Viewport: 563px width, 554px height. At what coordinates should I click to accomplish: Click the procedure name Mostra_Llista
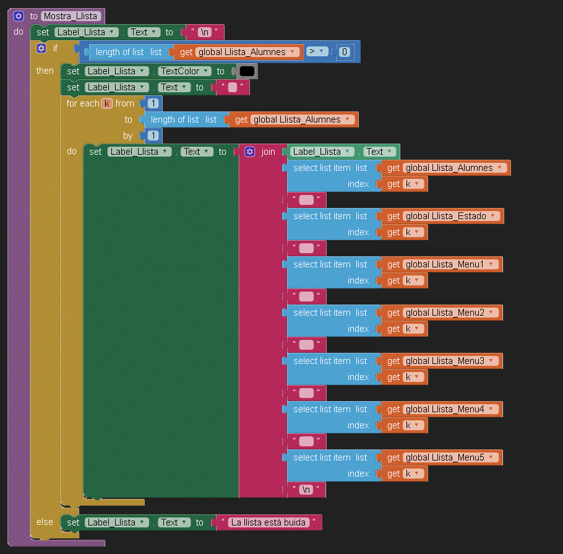[x=70, y=16]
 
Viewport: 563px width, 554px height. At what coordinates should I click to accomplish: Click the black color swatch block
[x=247, y=71]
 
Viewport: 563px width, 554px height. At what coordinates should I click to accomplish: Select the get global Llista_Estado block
[x=393, y=216]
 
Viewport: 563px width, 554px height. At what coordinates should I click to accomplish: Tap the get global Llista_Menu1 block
[x=393, y=264]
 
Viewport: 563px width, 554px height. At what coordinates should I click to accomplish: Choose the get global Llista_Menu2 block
[x=393, y=313]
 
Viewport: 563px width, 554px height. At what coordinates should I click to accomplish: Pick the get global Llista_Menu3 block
[x=393, y=361]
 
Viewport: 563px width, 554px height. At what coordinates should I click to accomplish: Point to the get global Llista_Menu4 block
[x=393, y=409]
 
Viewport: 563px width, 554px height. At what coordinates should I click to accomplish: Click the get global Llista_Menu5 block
[x=393, y=457]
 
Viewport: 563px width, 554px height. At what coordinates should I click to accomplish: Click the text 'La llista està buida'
[x=269, y=522]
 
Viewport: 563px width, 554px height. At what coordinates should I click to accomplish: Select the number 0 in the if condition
[x=345, y=52]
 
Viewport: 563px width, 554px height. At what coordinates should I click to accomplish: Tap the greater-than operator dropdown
[x=317, y=52]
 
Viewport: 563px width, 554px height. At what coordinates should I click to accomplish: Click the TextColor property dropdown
[x=184, y=71]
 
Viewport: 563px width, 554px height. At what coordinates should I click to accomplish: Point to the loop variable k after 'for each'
[x=107, y=103]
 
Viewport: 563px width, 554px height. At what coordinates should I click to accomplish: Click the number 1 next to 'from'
[x=152, y=103]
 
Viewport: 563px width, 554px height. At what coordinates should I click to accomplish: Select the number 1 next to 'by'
[x=152, y=136]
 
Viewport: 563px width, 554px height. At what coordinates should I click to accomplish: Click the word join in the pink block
[x=268, y=152]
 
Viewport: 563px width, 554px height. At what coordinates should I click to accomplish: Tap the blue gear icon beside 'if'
[x=41, y=48]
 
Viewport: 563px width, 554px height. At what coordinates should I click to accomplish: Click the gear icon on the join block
[x=250, y=152]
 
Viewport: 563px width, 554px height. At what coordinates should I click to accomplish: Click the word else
[x=45, y=522]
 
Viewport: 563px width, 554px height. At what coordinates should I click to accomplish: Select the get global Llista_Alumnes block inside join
[x=393, y=168]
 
